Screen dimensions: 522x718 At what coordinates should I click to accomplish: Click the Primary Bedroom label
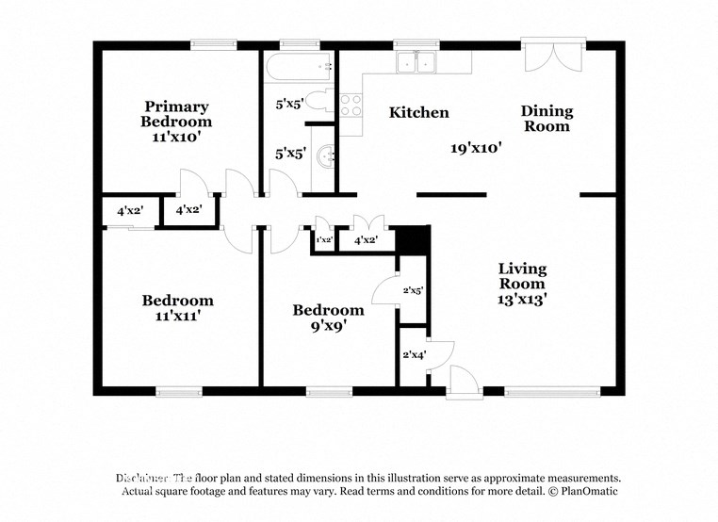click(x=176, y=114)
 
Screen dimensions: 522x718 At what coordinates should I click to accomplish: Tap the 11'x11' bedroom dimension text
click(x=177, y=317)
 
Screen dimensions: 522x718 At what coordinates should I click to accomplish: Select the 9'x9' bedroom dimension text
click(x=328, y=326)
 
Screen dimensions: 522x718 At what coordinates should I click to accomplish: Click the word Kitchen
click(x=419, y=112)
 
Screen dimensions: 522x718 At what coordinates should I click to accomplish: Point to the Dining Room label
click(x=547, y=119)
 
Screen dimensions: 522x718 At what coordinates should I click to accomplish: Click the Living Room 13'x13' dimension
click(x=522, y=299)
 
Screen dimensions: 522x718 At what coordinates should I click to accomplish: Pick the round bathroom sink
click(x=326, y=157)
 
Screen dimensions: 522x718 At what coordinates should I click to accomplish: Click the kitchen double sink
click(x=416, y=62)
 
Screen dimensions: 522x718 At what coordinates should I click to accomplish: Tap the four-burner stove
click(x=351, y=105)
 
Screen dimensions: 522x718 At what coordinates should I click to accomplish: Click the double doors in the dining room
click(x=555, y=57)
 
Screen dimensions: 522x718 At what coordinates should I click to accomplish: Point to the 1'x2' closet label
click(x=323, y=241)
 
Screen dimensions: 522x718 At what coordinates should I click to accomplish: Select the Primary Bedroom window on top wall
click(x=213, y=43)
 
